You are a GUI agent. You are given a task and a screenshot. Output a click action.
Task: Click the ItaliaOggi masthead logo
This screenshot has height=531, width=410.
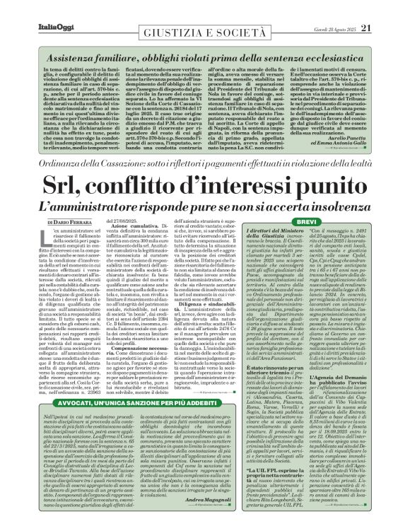[32, 9]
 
